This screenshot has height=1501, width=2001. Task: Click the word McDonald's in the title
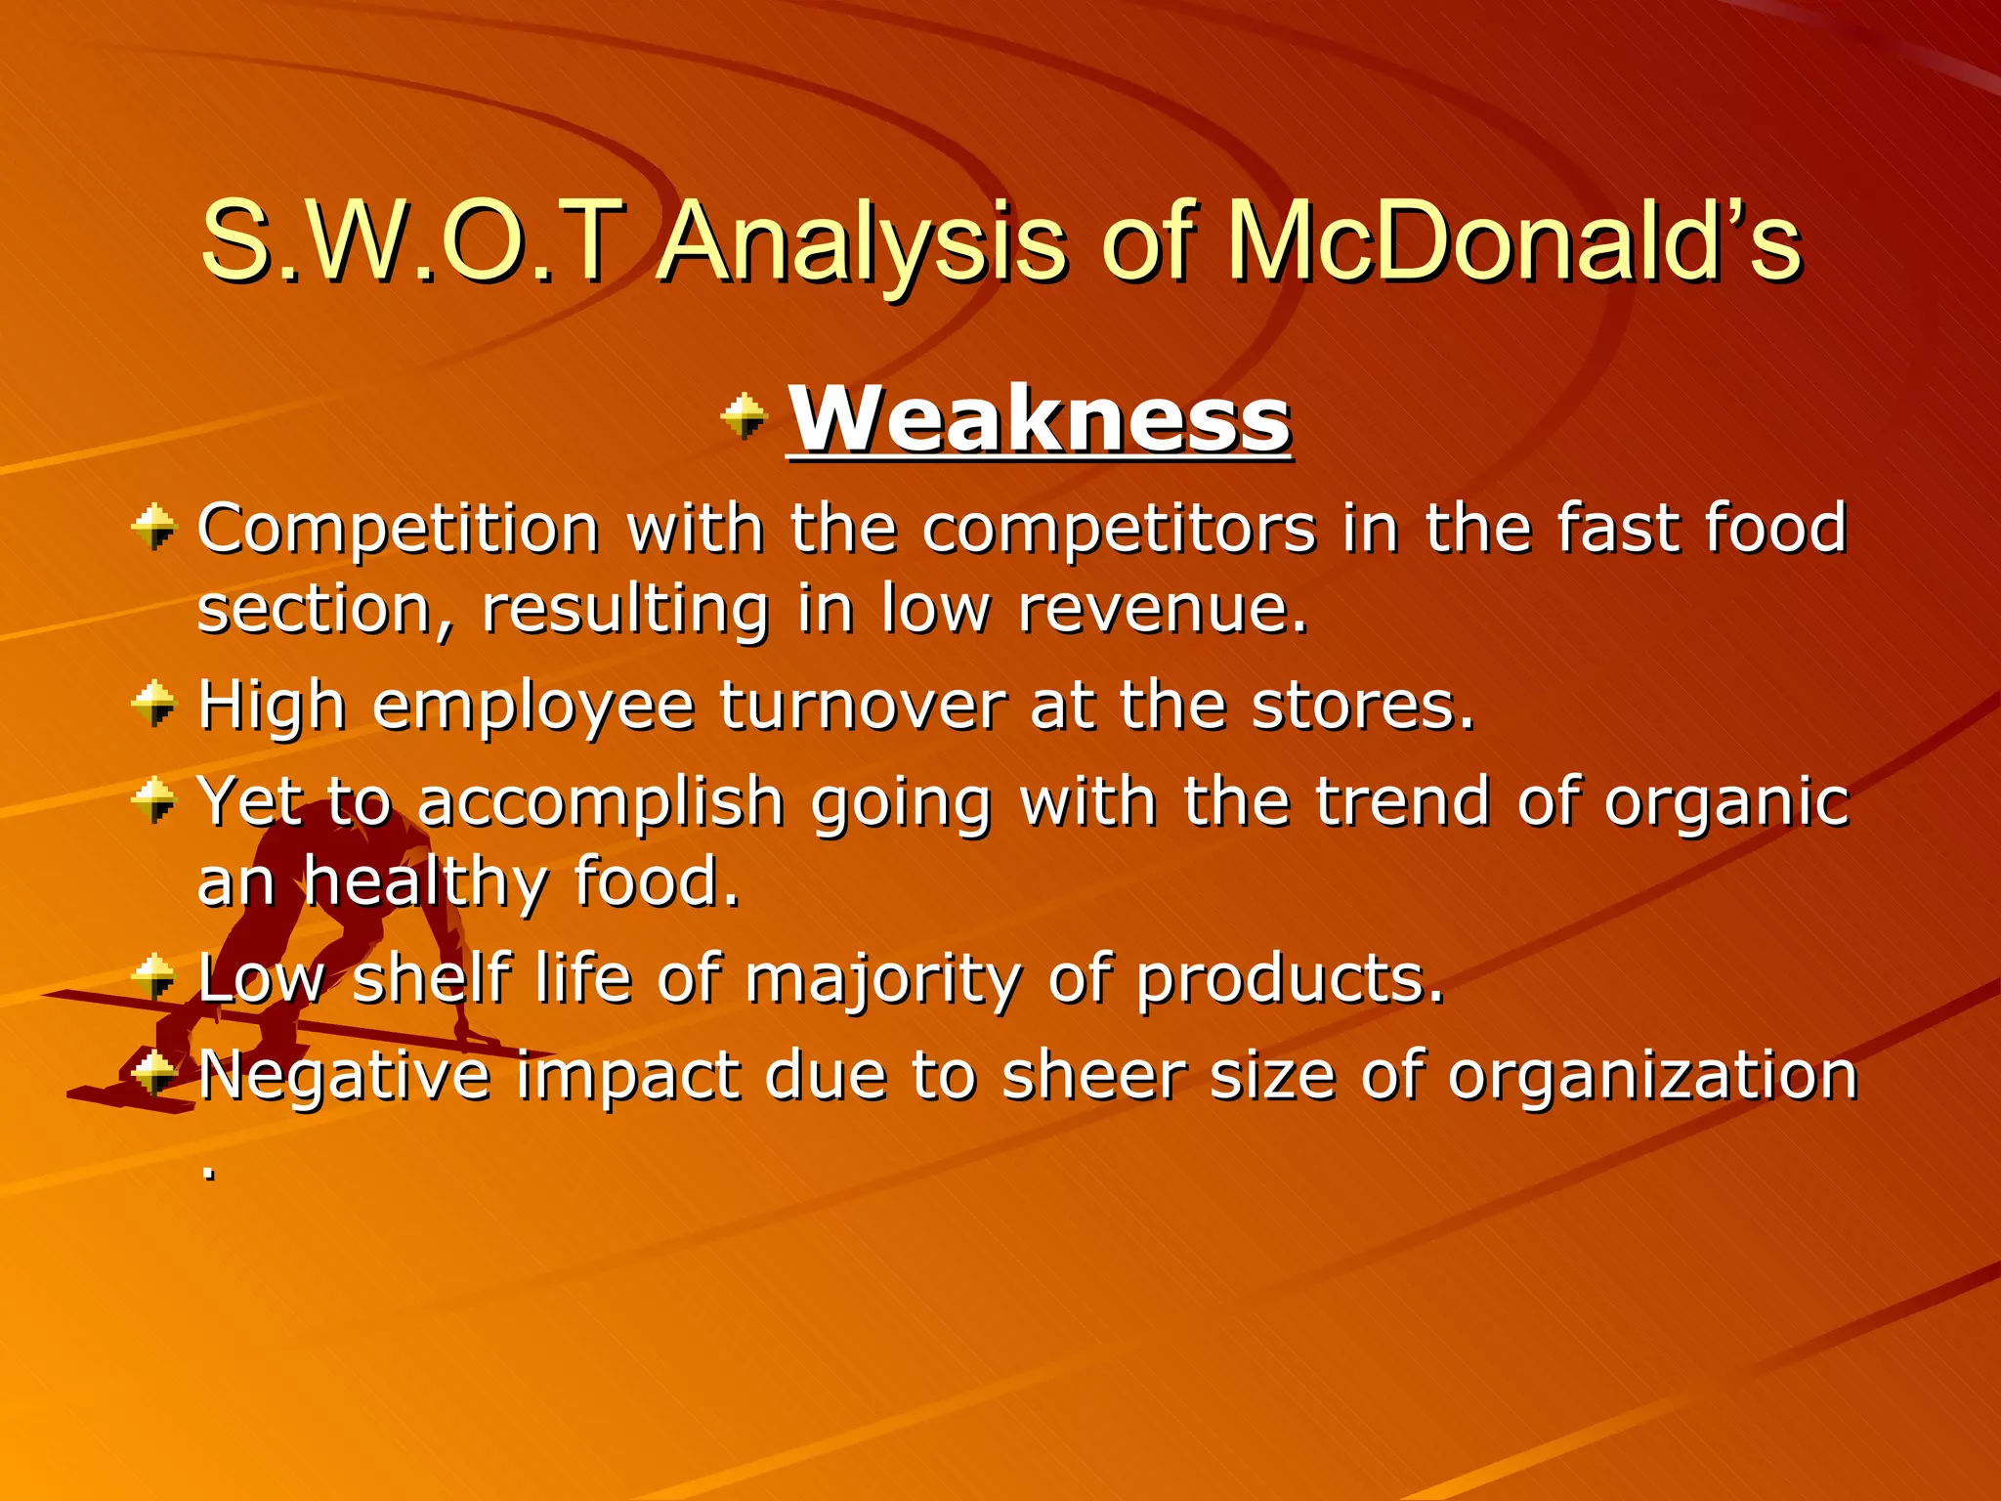click(1512, 241)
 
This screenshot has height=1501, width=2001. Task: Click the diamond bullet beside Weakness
click(745, 417)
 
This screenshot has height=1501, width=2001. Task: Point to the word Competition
click(399, 530)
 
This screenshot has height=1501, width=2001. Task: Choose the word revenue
click(1163, 610)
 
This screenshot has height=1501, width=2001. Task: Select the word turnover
click(863, 706)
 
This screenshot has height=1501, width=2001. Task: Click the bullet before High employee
click(154, 704)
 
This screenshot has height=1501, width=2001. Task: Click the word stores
click(1362, 706)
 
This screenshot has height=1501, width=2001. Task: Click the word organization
click(1651, 1075)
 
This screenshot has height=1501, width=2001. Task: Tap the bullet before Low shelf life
click(154, 977)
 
